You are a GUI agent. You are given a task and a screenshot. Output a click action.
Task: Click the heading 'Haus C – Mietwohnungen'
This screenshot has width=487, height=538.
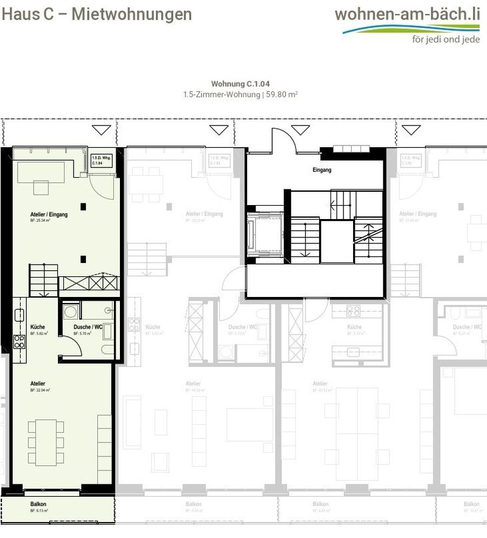[x=96, y=15]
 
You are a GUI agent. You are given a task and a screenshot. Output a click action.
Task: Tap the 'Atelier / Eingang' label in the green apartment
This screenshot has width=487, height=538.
[x=49, y=215]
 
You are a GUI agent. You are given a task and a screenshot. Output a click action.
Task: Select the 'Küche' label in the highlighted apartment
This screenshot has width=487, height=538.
[x=37, y=327]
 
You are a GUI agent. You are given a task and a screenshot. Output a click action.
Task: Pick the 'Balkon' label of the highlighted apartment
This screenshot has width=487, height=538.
[x=38, y=505]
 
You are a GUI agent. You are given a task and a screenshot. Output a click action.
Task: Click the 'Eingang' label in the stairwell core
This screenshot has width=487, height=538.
[x=323, y=170]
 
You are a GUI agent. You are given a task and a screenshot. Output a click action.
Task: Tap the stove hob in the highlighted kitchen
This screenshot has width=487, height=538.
[x=19, y=341]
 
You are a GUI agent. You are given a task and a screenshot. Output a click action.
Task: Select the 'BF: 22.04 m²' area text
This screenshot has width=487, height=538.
[x=40, y=390]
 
